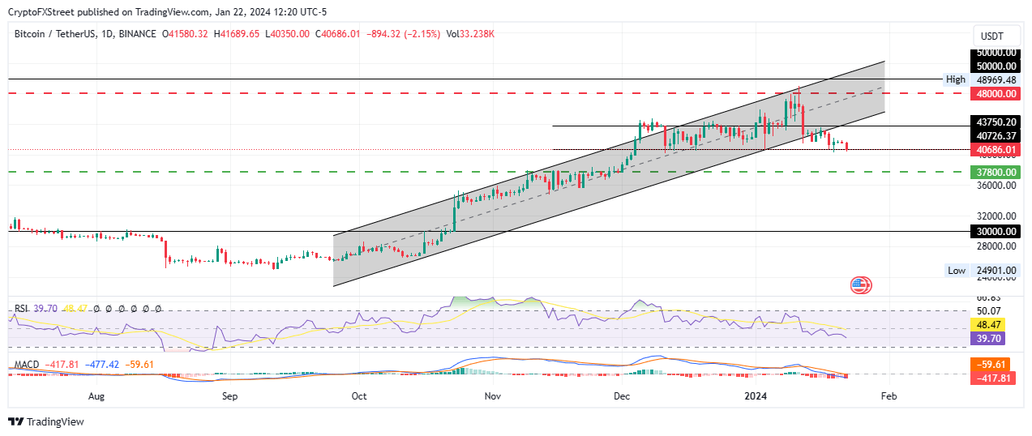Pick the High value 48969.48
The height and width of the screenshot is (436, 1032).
click(990, 79)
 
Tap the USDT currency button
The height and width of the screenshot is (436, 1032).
click(991, 36)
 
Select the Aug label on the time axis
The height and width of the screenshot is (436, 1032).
click(96, 396)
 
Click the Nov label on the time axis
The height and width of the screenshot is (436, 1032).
click(491, 396)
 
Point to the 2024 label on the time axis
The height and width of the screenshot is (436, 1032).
click(756, 396)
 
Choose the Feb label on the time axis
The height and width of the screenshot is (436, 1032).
click(889, 396)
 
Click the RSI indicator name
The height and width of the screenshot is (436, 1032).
click(21, 309)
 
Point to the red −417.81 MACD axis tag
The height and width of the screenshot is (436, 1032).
click(988, 378)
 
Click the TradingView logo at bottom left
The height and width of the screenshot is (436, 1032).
click(46, 422)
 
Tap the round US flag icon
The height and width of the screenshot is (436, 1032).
click(860, 284)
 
